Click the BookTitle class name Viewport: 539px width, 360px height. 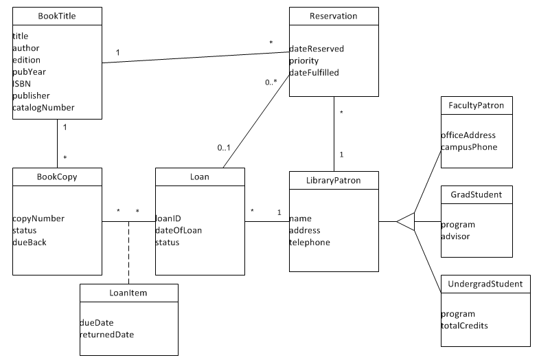[57, 15]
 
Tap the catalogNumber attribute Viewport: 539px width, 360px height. [43, 108]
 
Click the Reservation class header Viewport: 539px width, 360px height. [334, 15]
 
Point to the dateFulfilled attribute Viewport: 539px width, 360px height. [314, 72]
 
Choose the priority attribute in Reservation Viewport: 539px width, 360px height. [303, 60]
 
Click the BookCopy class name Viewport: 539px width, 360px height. [57, 177]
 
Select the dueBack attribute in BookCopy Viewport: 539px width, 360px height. [30, 242]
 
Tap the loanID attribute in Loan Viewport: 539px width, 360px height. [168, 218]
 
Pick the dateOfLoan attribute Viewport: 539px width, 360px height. [179, 230]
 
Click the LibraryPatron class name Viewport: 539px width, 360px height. [334, 180]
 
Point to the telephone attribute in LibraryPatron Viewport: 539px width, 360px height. [309, 242]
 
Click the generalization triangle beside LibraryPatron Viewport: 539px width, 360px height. [406, 222]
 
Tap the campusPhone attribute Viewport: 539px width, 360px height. [468, 147]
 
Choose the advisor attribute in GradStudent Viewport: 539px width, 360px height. [456, 236]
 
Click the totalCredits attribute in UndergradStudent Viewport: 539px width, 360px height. [464, 325]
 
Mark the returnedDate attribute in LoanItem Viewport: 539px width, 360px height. [107, 335]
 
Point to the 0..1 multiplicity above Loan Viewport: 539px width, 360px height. [225, 147]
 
